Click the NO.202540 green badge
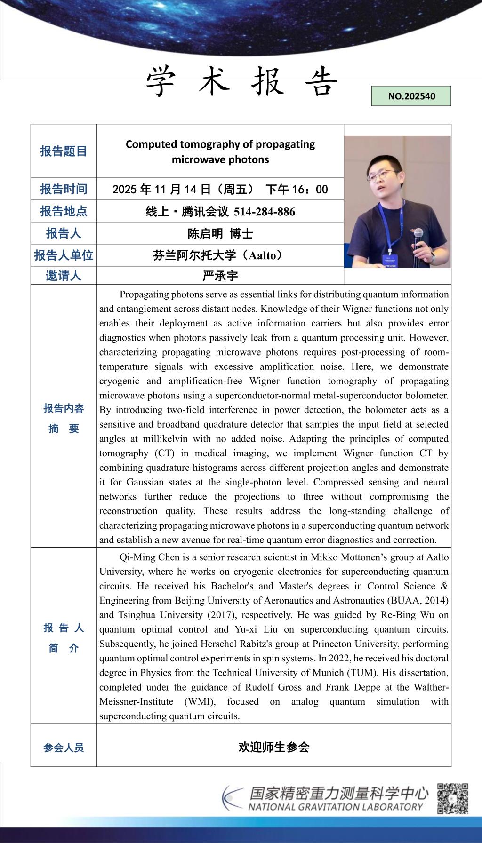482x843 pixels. [x=411, y=96]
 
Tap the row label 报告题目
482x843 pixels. [x=64, y=151]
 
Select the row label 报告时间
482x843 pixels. [x=64, y=189]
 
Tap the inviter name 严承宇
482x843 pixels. [x=220, y=276]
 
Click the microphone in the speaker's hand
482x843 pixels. [x=418, y=235]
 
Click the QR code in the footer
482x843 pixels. [x=453, y=798]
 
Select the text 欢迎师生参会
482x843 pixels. [x=273, y=747]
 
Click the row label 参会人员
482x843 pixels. [x=64, y=748]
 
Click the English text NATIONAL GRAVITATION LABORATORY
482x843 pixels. [x=336, y=807]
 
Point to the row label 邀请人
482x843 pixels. [x=64, y=276]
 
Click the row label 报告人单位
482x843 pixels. [x=64, y=255]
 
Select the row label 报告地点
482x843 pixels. [x=64, y=211]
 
